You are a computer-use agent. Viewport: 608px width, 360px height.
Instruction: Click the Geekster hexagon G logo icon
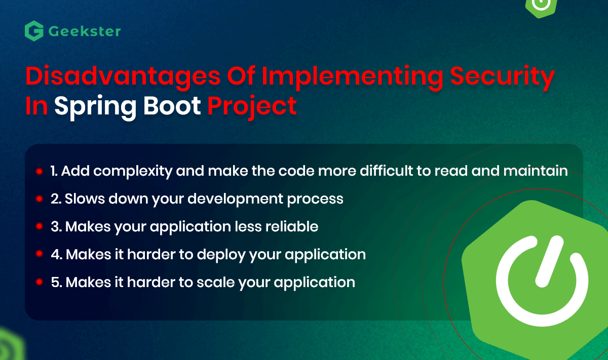tap(34, 31)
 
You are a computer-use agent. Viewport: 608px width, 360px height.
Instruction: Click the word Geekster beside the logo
tap(85, 31)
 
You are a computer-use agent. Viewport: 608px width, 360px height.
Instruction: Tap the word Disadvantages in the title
tap(123, 76)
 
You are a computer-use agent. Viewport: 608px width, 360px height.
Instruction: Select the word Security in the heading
tap(503, 76)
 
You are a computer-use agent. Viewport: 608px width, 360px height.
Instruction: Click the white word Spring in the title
tap(95, 107)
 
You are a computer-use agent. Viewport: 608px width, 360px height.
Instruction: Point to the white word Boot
tap(172, 105)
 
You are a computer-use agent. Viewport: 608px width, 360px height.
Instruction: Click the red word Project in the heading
tap(252, 107)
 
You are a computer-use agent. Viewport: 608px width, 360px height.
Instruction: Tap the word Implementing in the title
tap(353, 76)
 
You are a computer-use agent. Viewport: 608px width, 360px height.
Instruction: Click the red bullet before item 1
tap(40, 171)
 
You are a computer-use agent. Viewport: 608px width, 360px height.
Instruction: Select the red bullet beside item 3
tap(40, 226)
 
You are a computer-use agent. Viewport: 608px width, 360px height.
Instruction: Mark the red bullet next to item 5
tap(40, 282)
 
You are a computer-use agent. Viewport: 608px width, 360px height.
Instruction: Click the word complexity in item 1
tap(133, 172)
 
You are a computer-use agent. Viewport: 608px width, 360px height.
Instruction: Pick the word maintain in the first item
tap(535, 171)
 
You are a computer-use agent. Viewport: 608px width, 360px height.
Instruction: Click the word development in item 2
tap(235, 199)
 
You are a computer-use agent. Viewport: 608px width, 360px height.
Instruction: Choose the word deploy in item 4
tap(221, 255)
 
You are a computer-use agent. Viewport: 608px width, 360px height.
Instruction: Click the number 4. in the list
tap(57, 255)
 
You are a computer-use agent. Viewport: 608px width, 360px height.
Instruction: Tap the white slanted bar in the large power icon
tap(549, 261)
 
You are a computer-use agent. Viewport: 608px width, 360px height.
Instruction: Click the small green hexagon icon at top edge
tap(541, 7)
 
